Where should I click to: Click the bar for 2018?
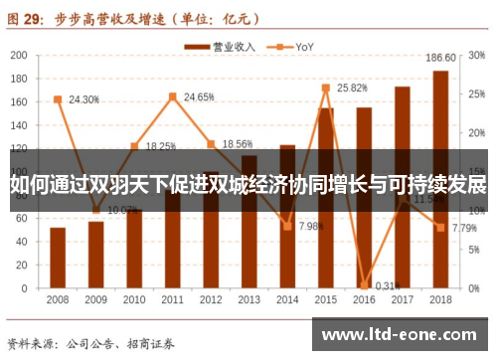tap(440, 179)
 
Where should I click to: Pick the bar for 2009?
tap(95, 254)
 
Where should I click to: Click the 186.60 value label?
tap(439, 57)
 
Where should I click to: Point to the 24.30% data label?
tap(83, 99)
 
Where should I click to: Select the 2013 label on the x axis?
tap(248, 299)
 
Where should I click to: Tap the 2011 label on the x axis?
tap(172, 299)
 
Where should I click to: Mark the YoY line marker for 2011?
tap(172, 96)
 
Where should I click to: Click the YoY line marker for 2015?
tap(325, 88)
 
